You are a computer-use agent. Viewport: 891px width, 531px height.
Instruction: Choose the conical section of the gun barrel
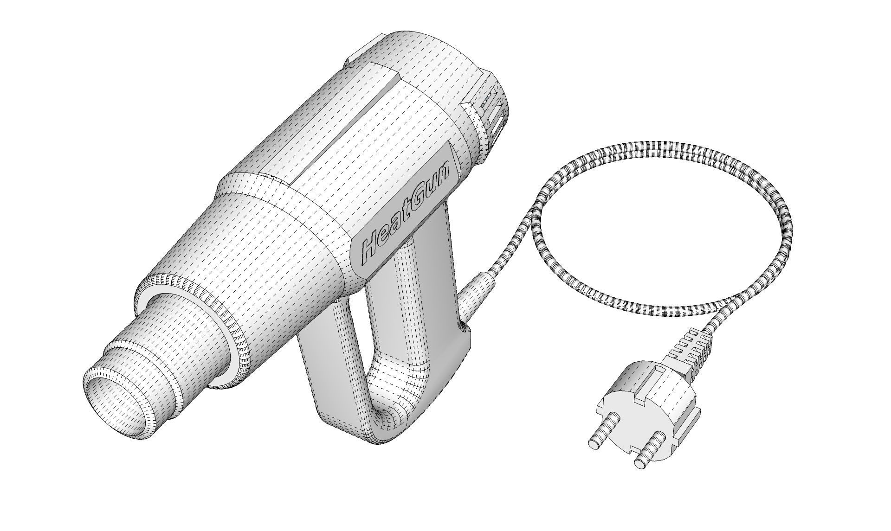pyautogui.click(x=269, y=250)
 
